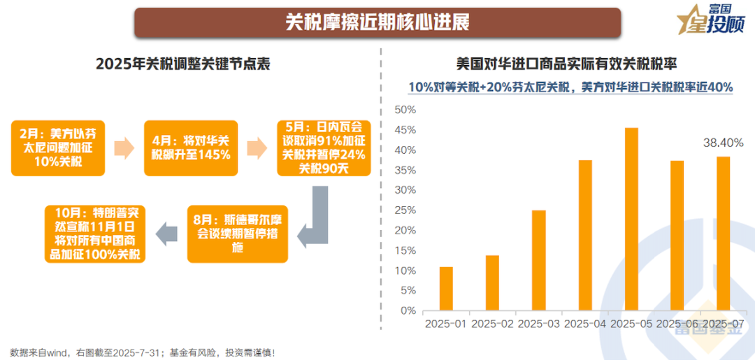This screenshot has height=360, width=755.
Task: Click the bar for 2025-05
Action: pos(631,219)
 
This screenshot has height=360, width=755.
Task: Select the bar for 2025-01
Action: pos(446,288)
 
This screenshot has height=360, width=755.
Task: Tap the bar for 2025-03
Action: pos(538,260)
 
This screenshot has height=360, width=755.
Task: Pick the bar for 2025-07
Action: pos(723,233)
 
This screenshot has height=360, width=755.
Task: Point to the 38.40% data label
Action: pos(723,143)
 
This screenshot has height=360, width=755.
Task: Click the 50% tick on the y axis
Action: pos(405,110)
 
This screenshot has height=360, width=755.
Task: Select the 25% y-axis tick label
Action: pos(405,210)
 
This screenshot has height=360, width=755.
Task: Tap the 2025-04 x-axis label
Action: pos(585,324)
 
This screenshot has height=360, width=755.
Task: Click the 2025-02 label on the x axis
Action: pos(493,324)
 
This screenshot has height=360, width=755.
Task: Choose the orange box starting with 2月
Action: pos(57,147)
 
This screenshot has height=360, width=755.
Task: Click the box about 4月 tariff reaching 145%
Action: pos(191,147)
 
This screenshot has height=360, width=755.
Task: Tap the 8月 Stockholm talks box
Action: pos(237,233)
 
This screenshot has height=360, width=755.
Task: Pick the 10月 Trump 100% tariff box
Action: pos(95,233)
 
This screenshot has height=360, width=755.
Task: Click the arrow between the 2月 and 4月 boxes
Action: pos(124,147)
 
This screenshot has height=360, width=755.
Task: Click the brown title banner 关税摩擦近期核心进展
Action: pos(377,22)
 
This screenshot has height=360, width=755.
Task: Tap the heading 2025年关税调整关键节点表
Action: pos(183,64)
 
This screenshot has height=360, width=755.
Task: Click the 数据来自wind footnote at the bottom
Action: pos(143,352)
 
